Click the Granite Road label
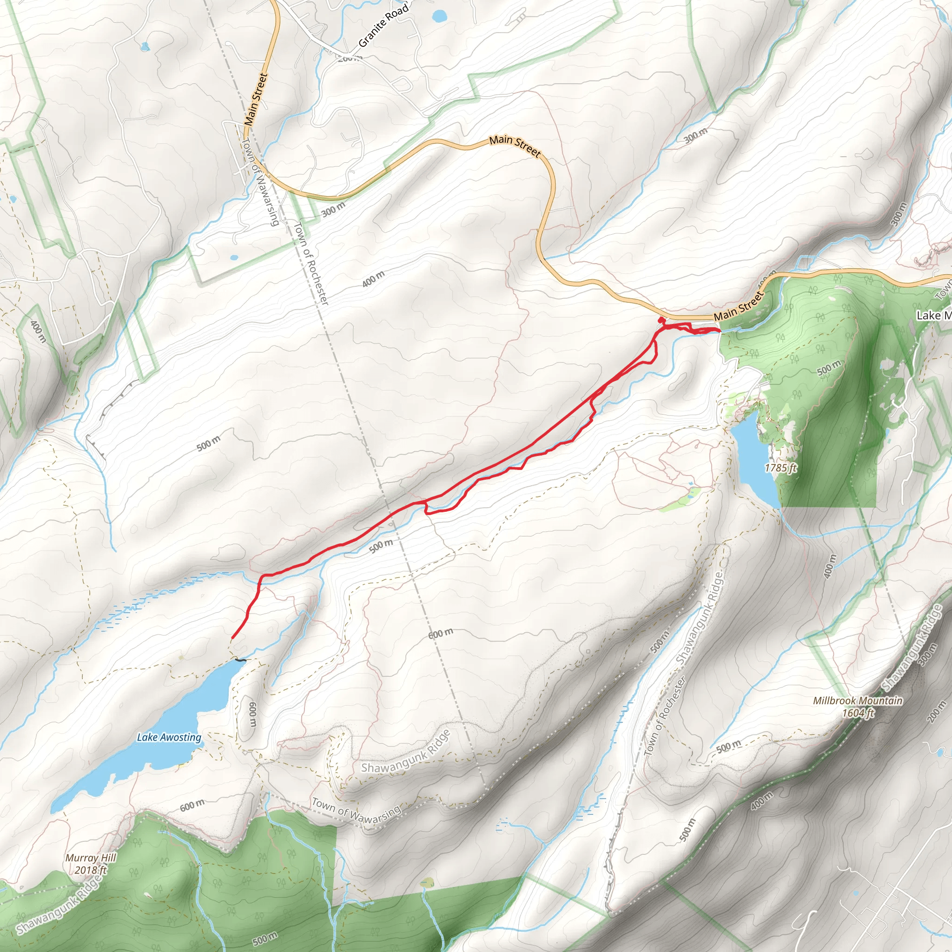[x=383, y=25]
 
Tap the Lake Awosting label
[x=169, y=738]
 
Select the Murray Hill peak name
[x=91, y=858]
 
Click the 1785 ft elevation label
[x=780, y=467]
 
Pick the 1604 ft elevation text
[x=858, y=713]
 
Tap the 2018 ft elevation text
[x=91, y=870]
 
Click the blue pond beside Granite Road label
[x=438, y=17]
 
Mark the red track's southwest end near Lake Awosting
[x=232, y=638]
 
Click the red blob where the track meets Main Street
[x=661, y=320]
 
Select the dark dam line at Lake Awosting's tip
[x=240, y=660]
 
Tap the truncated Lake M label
[x=933, y=315]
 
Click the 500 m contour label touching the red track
[x=381, y=546]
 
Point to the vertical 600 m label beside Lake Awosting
[x=252, y=715]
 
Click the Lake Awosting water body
[x=148, y=759]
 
